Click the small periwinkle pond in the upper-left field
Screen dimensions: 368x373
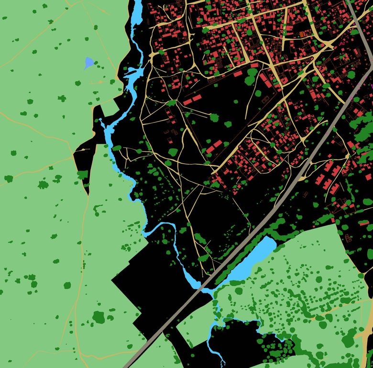pyautogui.click(x=88, y=63)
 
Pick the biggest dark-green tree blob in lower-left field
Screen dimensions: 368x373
pyautogui.click(x=99, y=316)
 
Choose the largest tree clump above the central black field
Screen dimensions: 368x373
pyautogui.click(x=251, y=77)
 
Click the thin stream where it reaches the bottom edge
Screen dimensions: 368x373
pyautogui.click(x=223, y=365)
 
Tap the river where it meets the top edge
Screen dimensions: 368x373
pyautogui.click(x=136, y=2)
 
